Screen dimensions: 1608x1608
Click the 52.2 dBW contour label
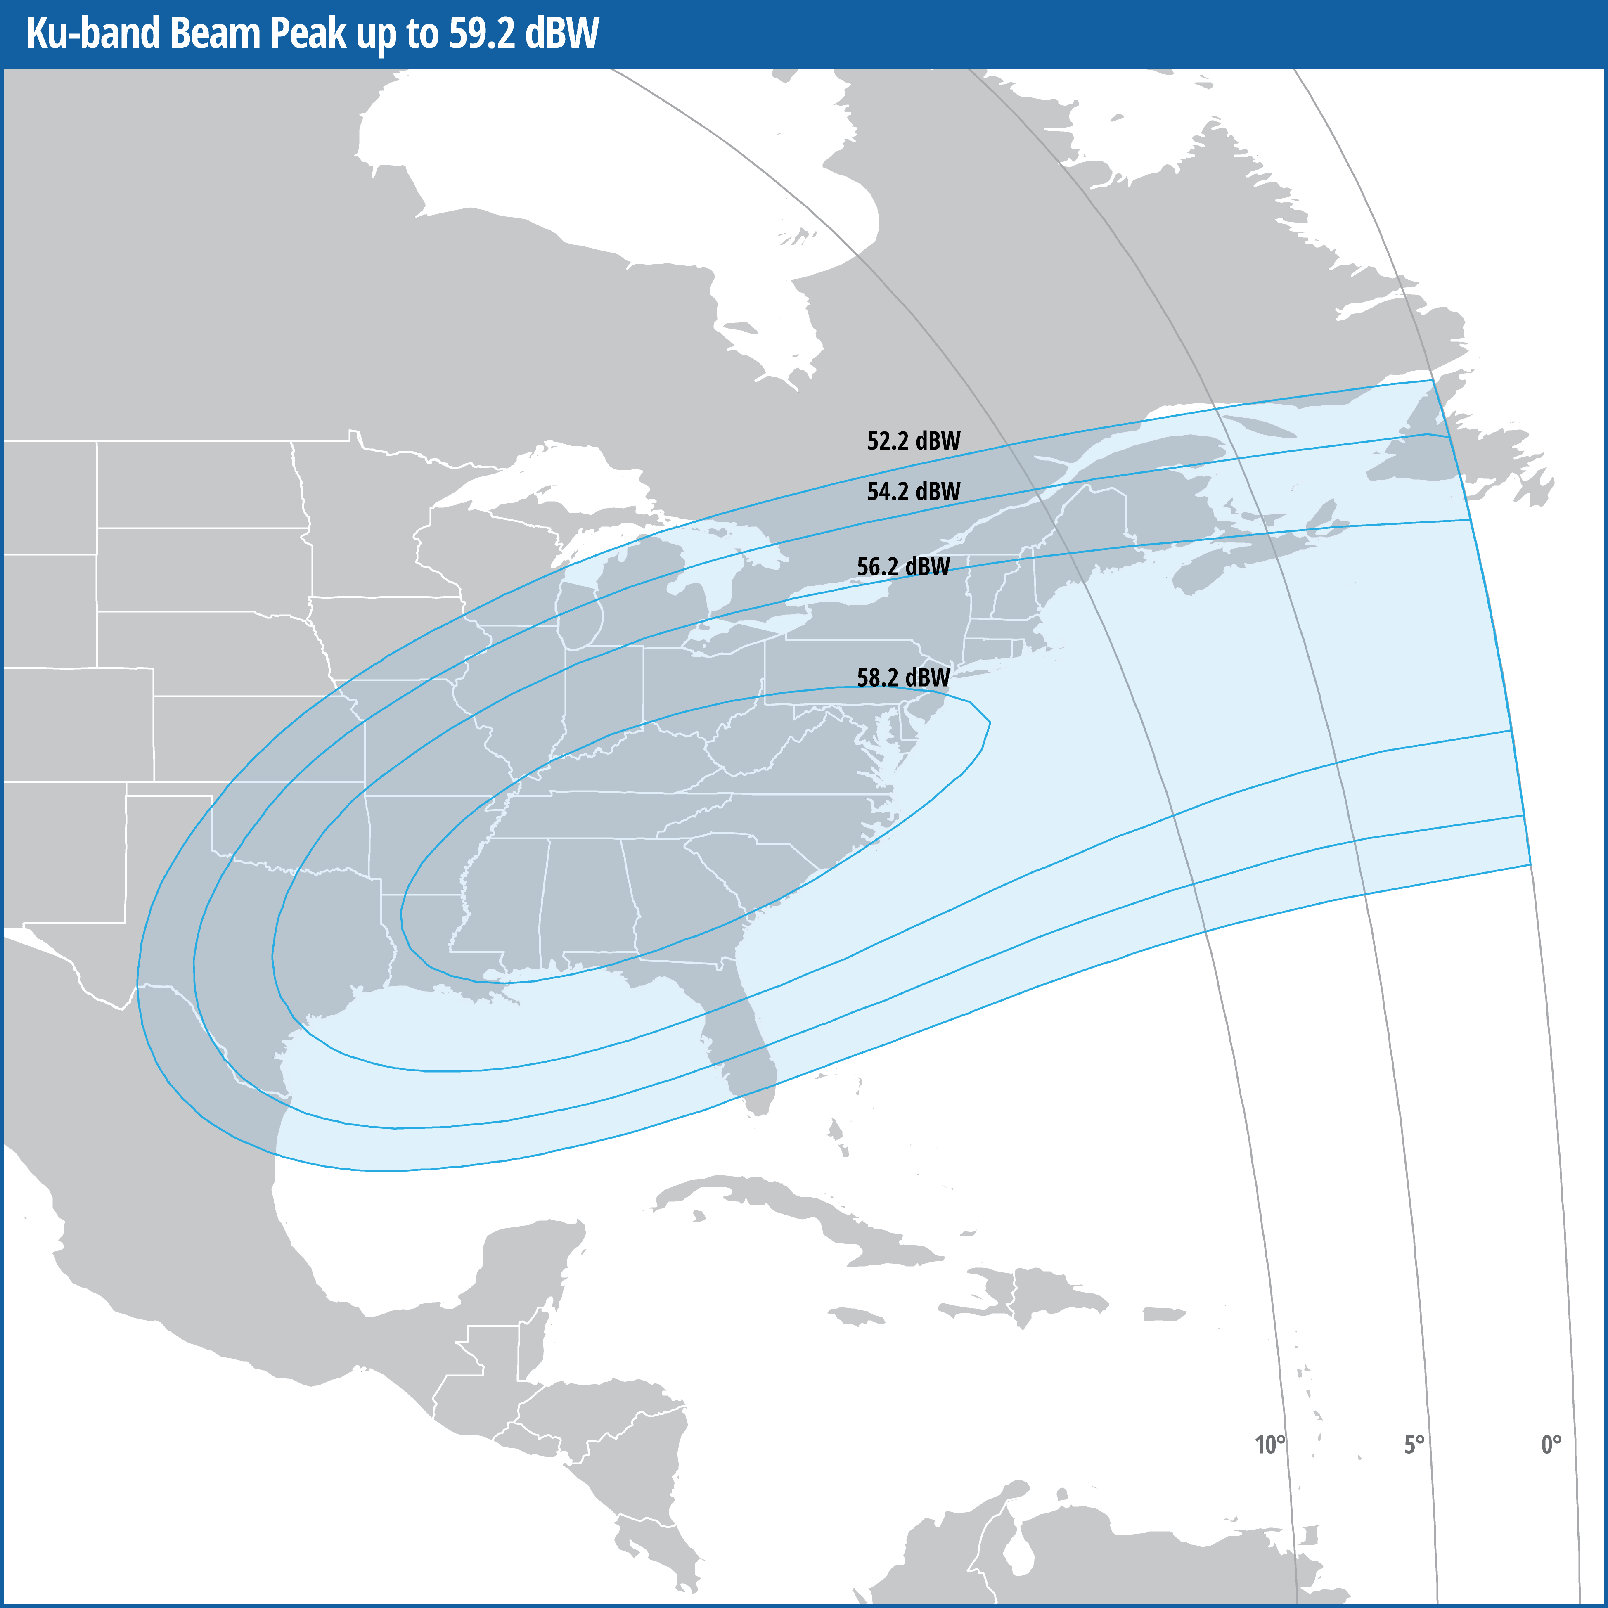pos(913,441)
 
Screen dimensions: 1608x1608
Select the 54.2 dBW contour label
pos(913,492)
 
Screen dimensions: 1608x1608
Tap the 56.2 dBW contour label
pos(903,567)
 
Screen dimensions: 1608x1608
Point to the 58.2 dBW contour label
pos(903,677)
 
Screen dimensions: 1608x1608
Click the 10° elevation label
pos(1269,1445)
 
